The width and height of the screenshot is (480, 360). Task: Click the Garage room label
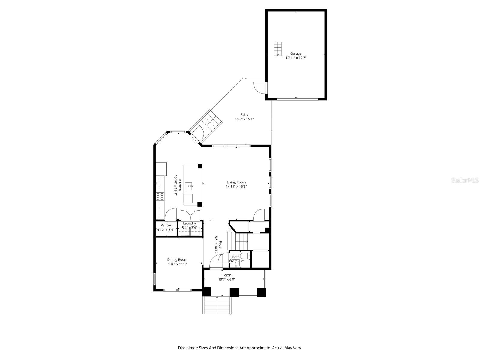pos(296,54)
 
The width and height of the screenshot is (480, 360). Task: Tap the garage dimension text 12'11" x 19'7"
pos(296,58)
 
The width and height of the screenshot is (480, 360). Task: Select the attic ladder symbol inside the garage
pos(278,49)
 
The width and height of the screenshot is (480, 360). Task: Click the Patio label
pos(244,115)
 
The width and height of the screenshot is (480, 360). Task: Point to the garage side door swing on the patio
pos(259,87)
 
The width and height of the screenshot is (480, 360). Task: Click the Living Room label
pos(236,182)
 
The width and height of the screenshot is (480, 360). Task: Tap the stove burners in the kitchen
pos(160,196)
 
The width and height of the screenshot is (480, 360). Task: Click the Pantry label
pos(166,225)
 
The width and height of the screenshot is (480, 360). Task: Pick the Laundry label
pos(189,223)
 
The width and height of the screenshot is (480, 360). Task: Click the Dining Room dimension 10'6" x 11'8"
pos(177,264)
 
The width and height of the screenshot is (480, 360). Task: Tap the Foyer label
pos(220,245)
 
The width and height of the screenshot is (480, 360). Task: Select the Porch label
pos(226,275)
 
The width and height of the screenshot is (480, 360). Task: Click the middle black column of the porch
pos(234,292)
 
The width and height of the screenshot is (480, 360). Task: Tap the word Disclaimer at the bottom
pos(187,348)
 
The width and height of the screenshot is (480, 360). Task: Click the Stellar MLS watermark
pos(465,180)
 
